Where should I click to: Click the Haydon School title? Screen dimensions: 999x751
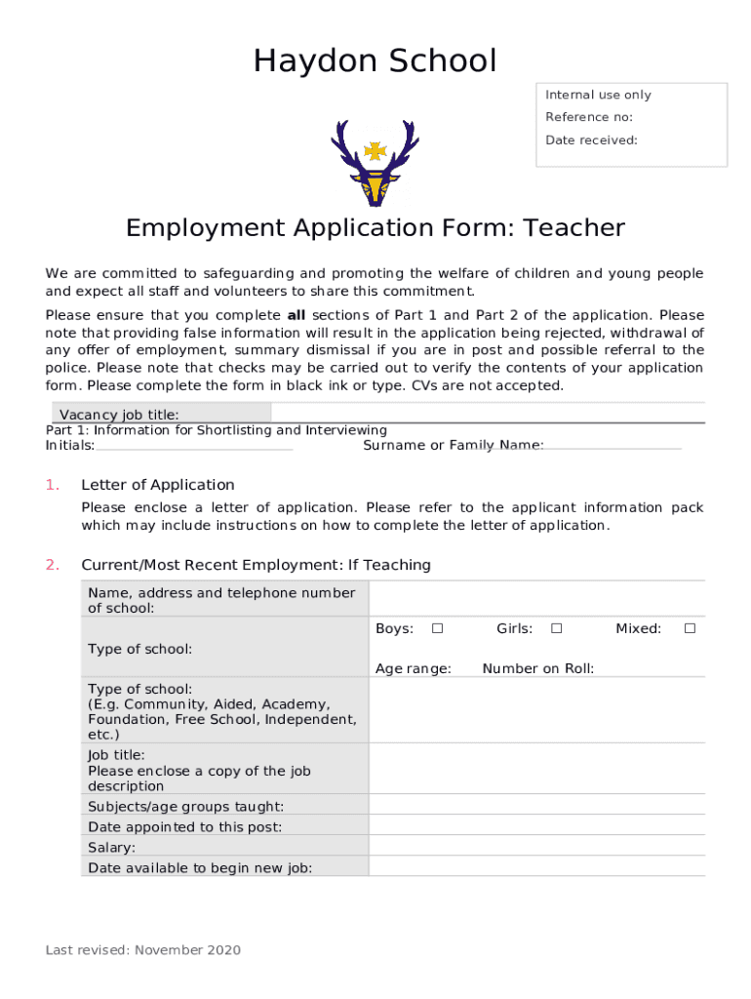click(375, 61)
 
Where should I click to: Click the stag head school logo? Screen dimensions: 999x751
click(375, 162)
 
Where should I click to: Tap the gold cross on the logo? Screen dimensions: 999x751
click(375, 150)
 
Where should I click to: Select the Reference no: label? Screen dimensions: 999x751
click(588, 117)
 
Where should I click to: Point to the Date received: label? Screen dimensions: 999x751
click(591, 140)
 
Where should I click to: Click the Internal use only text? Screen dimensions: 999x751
click(598, 95)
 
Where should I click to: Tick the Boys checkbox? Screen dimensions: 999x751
click(438, 628)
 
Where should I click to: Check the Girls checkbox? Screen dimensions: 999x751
click(556, 628)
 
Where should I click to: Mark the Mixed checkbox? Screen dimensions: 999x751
click(690, 628)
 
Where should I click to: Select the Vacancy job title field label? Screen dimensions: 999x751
click(119, 415)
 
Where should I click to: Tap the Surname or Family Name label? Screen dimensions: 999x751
click(453, 445)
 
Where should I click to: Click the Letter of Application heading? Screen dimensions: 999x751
click(158, 485)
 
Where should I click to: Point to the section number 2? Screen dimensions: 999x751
click(53, 565)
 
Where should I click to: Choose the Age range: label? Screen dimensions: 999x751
click(414, 668)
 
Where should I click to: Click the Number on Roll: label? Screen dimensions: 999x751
click(537, 668)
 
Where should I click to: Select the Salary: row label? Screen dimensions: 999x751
click(112, 848)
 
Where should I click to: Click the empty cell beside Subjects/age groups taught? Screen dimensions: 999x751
click(536, 806)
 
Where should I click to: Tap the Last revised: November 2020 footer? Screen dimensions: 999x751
click(143, 950)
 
